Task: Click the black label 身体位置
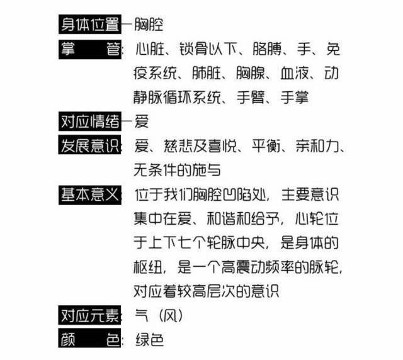pos(89,25)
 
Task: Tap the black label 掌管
pos(89,50)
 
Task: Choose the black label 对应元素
pos(89,315)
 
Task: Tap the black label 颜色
pos(89,340)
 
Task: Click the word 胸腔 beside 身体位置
pos(149,25)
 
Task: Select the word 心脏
pos(149,50)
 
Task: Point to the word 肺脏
pos(207,74)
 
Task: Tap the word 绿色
pos(149,340)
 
